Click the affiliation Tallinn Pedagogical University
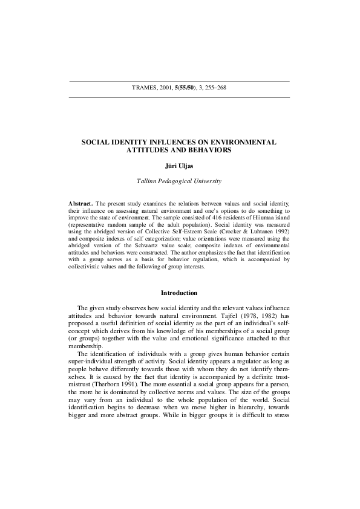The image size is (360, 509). [x=180, y=181]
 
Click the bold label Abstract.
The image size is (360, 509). [x=81, y=205]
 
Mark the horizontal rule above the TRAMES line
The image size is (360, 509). [x=180, y=81]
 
